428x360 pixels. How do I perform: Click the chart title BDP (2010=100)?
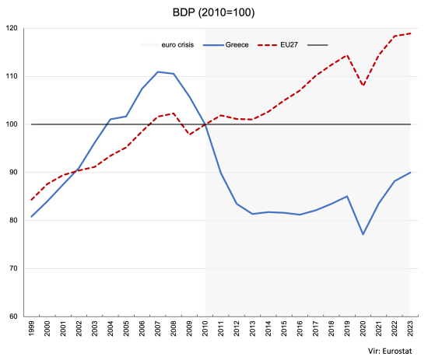pyautogui.click(x=213, y=13)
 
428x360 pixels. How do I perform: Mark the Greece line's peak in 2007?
pyautogui.click(x=158, y=72)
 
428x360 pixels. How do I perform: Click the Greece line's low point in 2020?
pyautogui.click(x=363, y=234)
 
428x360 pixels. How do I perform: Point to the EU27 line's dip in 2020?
pyautogui.click(x=363, y=86)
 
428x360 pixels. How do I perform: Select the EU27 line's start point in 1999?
pyautogui.click(x=31, y=200)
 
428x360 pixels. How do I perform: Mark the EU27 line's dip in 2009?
pyautogui.click(x=189, y=135)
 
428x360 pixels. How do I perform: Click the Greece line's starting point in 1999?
pyautogui.click(x=31, y=217)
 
